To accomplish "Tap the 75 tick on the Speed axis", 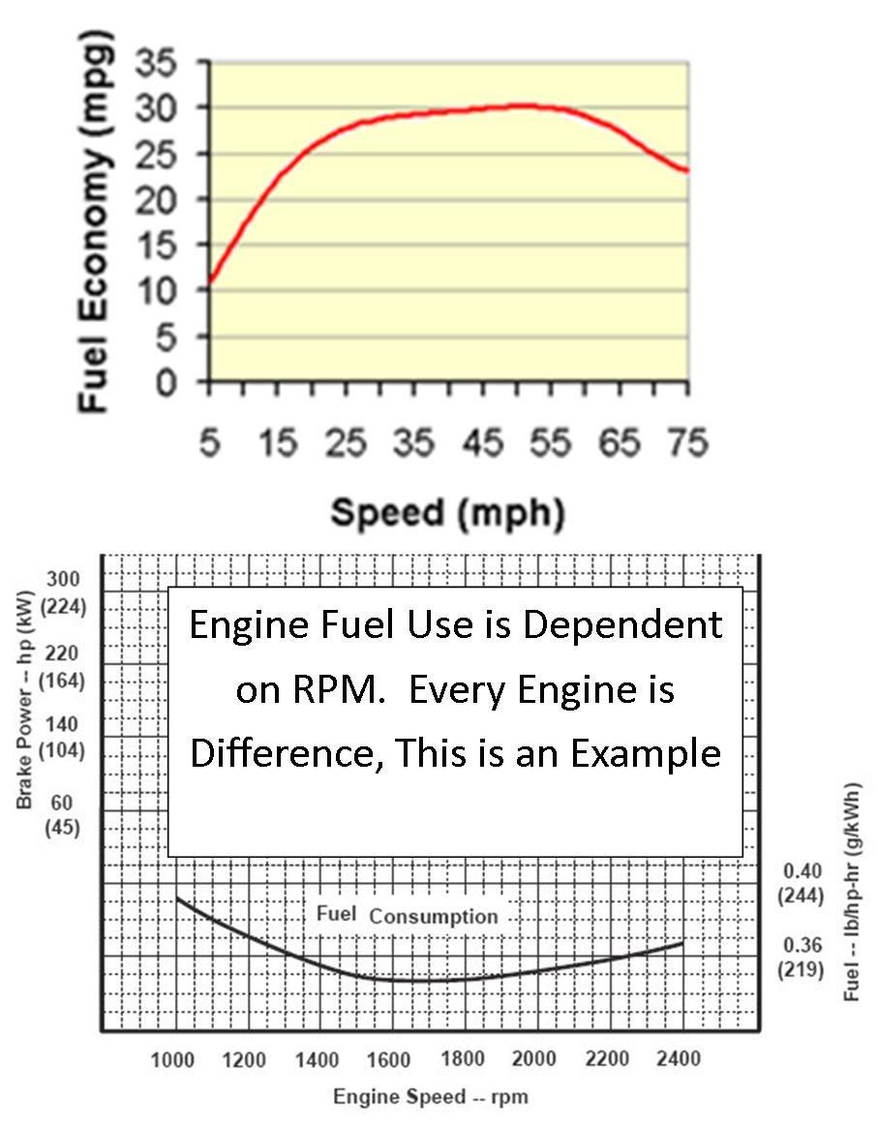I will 686,444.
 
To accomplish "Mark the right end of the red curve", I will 687,171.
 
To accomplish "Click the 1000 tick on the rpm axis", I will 172,1060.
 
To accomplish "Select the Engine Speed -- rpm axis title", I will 431,1097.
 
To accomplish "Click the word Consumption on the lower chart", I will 434,916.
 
